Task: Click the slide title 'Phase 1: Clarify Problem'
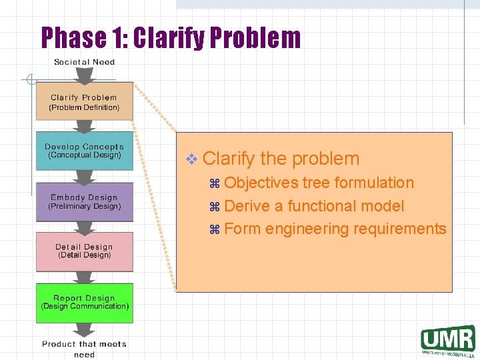(171, 38)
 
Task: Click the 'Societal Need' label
(84, 62)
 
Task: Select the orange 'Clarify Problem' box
(84, 101)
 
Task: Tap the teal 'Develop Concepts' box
(84, 151)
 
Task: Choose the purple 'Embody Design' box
(84, 201)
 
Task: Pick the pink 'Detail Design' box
(84, 251)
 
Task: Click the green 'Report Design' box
(84, 303)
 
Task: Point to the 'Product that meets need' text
(84, 349)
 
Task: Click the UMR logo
(447, 339)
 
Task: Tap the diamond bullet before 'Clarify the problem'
(192, 159)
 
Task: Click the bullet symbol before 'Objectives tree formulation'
(215, 183)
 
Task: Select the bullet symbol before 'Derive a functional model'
(215, 207)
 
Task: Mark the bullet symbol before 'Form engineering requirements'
(215, 229)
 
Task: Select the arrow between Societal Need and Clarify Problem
(84, 75)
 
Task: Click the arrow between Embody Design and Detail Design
(84, 226)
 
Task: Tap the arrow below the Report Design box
(84, 330)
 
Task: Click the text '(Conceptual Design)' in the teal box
(84, 155)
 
